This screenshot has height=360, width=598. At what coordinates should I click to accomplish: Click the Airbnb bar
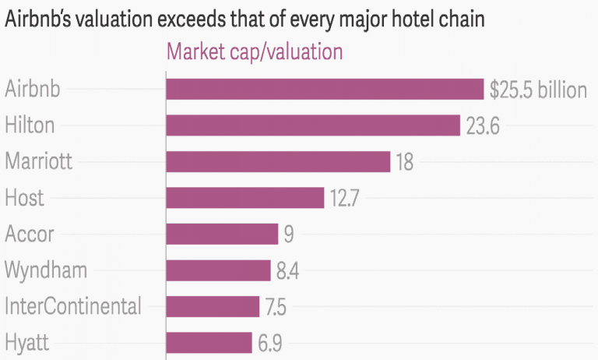coord(325,89)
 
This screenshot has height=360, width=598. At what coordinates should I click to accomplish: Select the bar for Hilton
coord(313,125)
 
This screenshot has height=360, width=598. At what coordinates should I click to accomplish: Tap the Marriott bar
coord(278,161)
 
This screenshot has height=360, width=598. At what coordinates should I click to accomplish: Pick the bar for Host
coord(244,198)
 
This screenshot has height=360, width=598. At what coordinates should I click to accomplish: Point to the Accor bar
coord(222,234)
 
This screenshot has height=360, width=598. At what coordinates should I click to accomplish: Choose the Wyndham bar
coord(218,270)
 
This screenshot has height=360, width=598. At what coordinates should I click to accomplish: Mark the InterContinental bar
coord(213,306)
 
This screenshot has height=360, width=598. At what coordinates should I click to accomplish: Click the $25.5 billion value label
coord(537,90)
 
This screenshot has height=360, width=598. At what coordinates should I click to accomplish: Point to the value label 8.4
coord(288,271)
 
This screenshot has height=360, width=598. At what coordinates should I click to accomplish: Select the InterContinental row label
coord(72,306)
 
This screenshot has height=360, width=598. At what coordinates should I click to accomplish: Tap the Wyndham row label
coord(45,270)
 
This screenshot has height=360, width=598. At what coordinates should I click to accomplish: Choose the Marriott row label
coord(38,161)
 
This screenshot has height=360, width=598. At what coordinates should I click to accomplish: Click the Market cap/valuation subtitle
coord(255,53)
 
